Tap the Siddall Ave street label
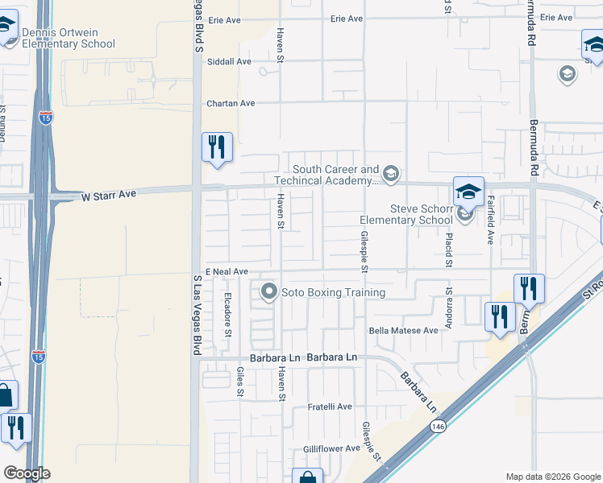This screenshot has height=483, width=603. (x=229, y=61)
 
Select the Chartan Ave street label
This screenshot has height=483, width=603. (x=231, y=103)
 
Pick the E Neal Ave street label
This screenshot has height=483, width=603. (x=227, y=272)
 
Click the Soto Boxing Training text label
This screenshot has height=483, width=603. (x=333, y=293)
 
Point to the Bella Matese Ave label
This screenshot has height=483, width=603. (x=403, y=330)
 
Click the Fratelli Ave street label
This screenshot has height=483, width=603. (x=330, y=407)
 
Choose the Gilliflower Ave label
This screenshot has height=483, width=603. (x=331, y=448)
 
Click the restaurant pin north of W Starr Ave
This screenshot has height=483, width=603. (x=217, y=147)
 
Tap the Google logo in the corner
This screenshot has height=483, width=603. (x=27, y=473)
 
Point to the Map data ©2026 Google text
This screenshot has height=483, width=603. (x=552, y=476)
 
